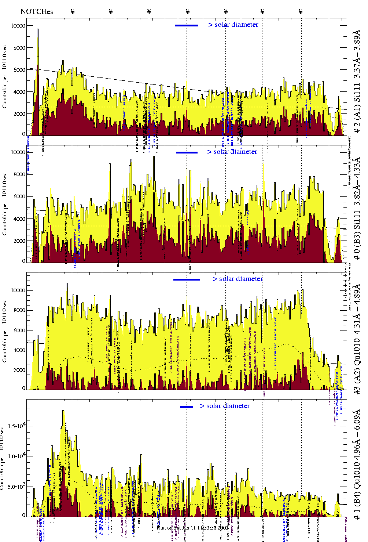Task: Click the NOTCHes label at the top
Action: click(x=37, y=11)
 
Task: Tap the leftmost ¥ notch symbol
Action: click(x=72, y=11)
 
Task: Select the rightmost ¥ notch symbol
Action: click(x=301, y=11)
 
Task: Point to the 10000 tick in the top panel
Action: click(x=18, y=26)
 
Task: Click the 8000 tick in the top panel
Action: click(x=19, y=47)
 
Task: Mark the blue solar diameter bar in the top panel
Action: click(x=187, y=25)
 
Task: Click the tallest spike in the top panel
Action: click(x=38, y=30)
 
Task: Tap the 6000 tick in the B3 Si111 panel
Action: click(x=19, y=196)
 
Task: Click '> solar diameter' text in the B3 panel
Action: click(x=232, y=152)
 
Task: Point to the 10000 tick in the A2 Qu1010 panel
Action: click(x=18, y=290)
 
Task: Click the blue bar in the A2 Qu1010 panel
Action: click(x=187, y=279)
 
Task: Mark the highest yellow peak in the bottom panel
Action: click(x=64, y=411)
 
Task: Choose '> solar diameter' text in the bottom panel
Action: click(x=225, y=406)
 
